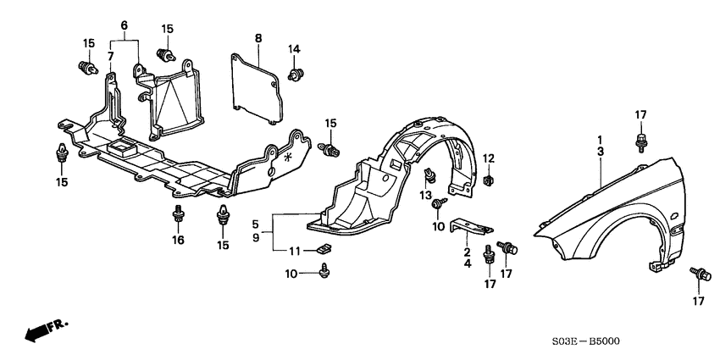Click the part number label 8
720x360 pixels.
coord(258,37)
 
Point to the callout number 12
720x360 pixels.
coord(489,158)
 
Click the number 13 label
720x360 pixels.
coord(427,197)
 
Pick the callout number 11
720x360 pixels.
coord(294,250)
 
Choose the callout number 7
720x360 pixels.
coord(109,56)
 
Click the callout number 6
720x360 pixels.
coord(124,27)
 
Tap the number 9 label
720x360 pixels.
coord(254,238)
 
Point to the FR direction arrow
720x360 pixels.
coord(45,330)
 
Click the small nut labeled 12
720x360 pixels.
coord(490,180)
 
